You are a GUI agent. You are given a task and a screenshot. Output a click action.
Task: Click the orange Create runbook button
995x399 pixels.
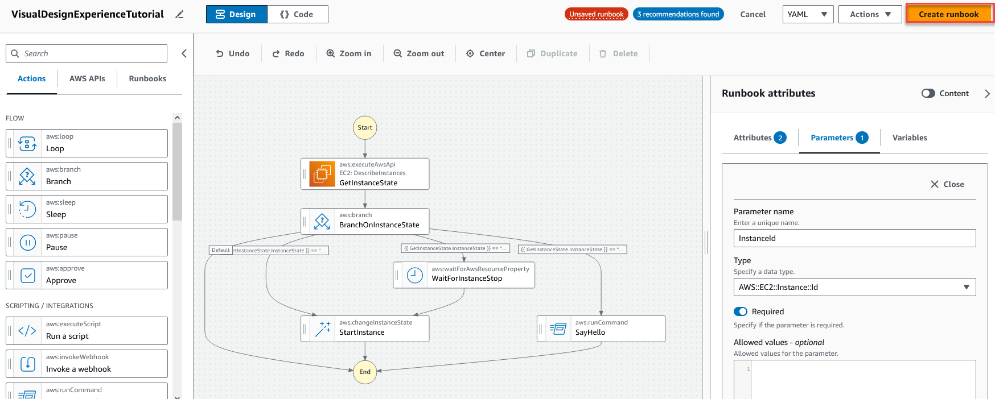948,14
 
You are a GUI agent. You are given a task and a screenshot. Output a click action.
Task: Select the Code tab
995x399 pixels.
297,14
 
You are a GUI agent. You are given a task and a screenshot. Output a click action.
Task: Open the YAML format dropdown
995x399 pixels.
808,14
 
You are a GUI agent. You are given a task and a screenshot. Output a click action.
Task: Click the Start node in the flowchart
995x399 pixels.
365,127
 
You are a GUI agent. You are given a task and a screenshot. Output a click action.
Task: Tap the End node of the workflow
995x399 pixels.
365,372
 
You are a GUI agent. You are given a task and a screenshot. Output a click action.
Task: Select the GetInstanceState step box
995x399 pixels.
365,174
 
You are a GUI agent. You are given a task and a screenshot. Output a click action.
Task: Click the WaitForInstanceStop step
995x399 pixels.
464,275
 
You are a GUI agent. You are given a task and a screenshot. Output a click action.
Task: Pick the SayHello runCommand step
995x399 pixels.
601,329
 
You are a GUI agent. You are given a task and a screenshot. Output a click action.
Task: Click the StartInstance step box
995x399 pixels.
365,329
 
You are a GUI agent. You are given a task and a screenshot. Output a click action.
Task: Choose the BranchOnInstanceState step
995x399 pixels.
365,221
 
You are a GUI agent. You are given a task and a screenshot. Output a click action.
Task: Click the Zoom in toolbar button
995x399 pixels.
349,53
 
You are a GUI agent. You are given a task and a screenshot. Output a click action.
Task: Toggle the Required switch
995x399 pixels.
741,311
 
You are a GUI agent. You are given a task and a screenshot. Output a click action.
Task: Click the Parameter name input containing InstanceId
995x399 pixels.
854,238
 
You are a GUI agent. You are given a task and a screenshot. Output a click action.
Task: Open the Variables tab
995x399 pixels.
909,138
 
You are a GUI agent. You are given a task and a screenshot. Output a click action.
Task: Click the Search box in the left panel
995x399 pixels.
87,53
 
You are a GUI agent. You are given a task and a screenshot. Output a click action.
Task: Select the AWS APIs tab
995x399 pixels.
87,78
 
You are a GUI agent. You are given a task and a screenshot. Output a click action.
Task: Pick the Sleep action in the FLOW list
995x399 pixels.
87,209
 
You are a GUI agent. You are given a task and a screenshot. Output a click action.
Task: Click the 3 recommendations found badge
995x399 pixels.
678,14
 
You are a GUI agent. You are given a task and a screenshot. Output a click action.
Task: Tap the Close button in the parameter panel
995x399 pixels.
947,184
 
